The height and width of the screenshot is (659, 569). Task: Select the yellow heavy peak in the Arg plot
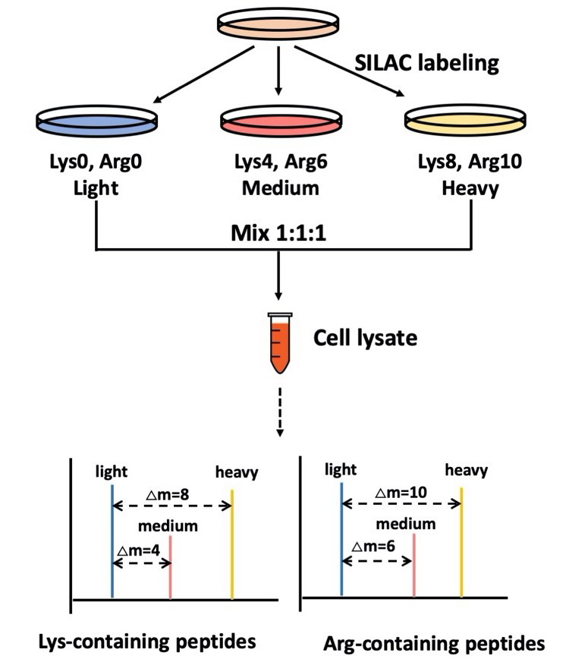(461, 543)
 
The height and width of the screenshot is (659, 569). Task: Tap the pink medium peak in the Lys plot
(171, 567)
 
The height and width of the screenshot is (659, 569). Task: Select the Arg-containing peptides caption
(434, 642)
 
